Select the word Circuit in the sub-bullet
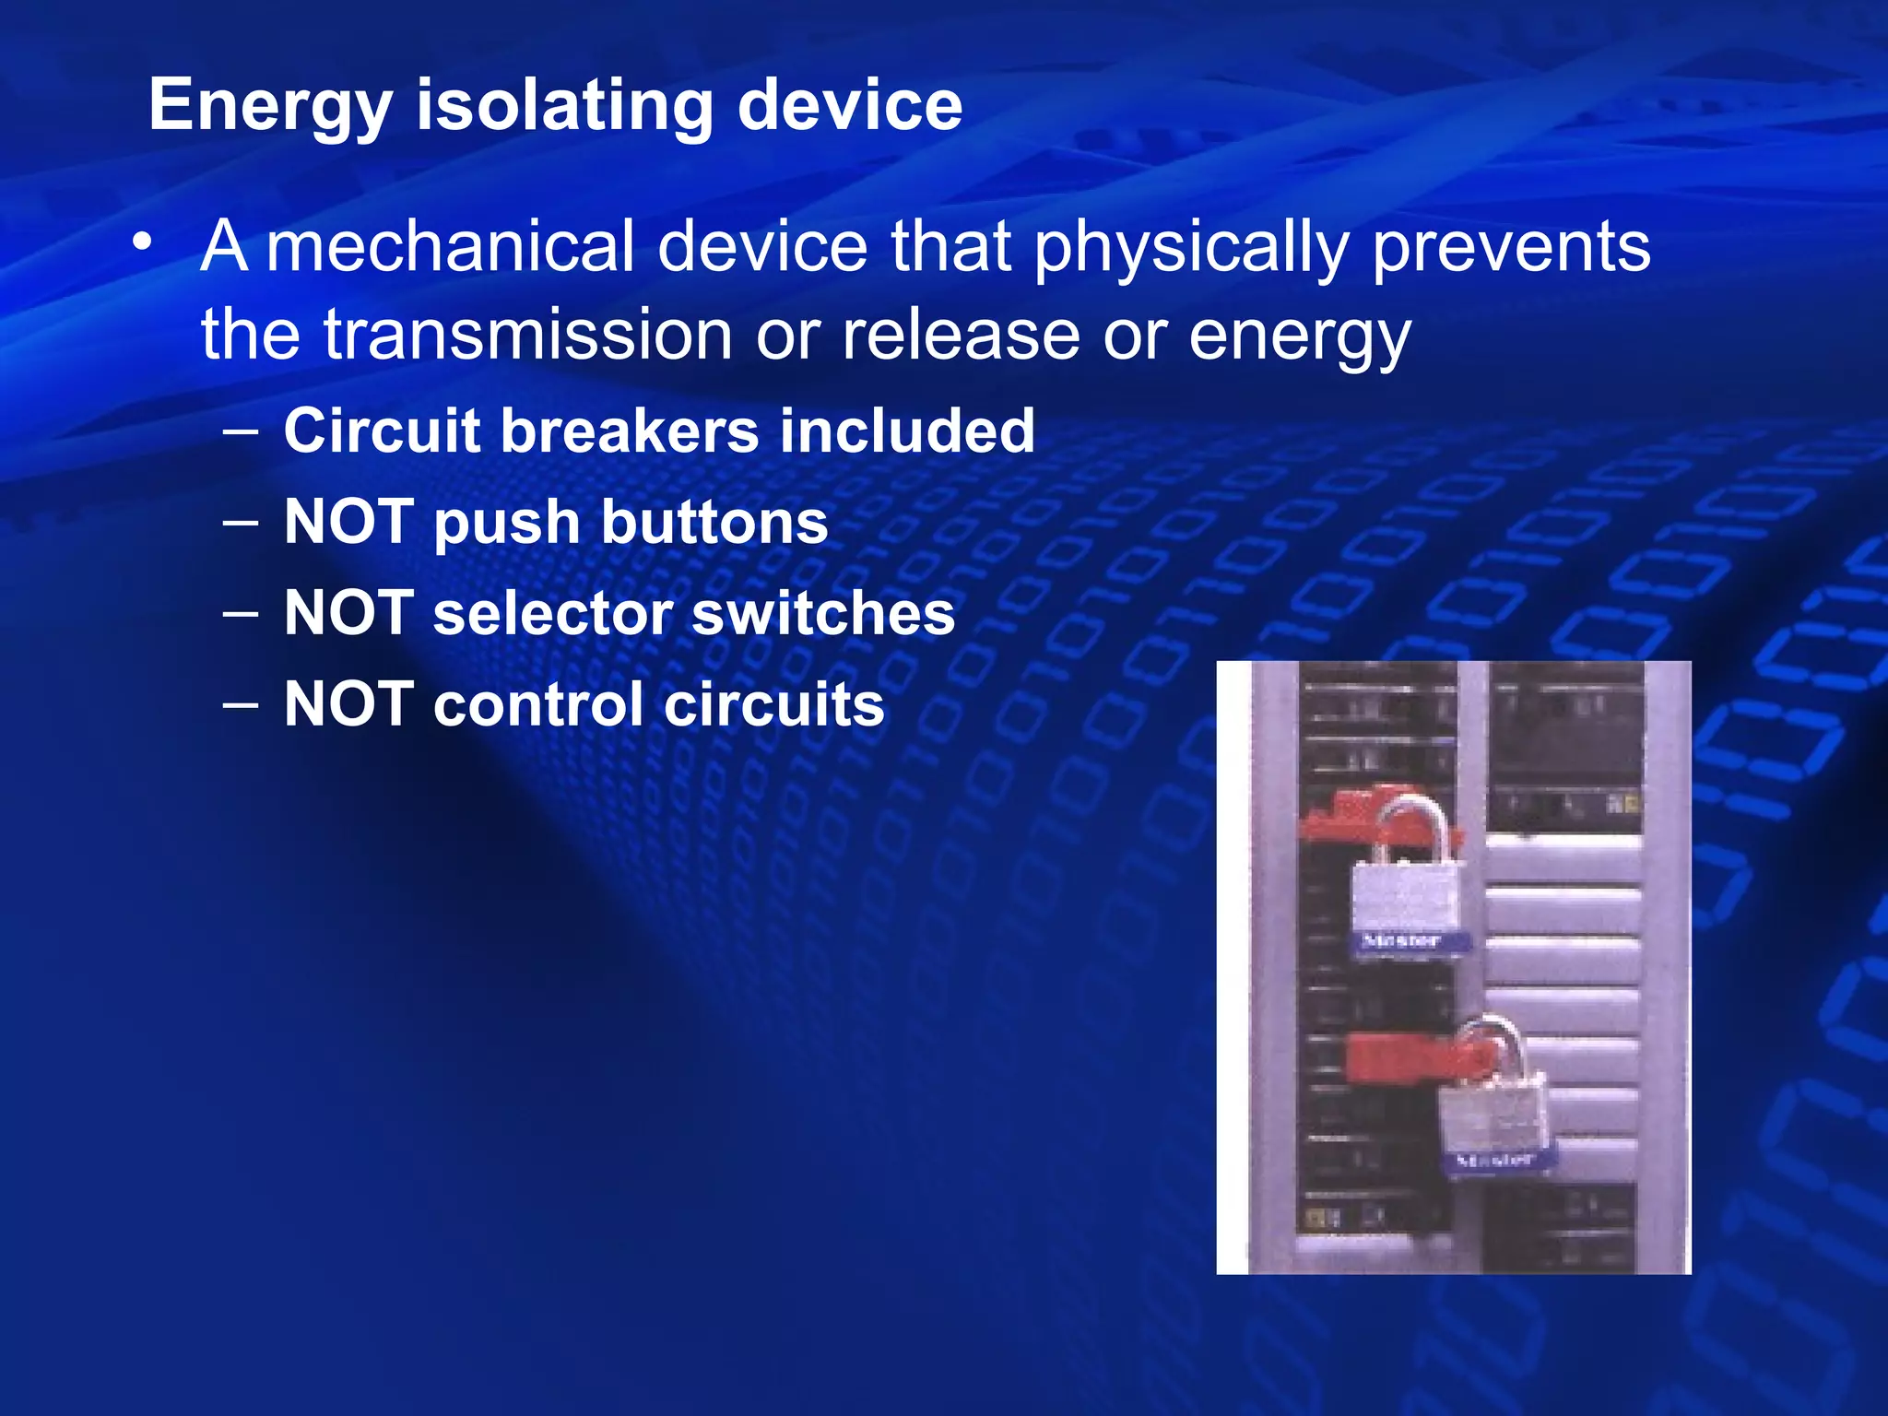(382, 431)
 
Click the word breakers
(630, 431)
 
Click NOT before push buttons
(348, 522)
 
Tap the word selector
(552, 613)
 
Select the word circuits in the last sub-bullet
(773, 704)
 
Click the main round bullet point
(141, 242)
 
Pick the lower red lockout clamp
(1392, 1056)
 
